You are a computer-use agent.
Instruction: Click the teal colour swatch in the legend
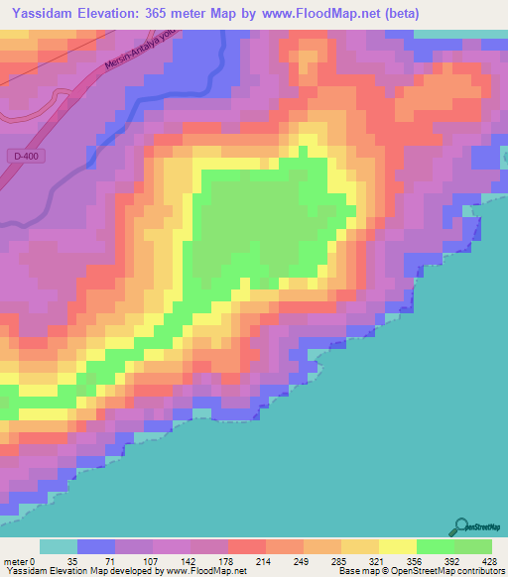coord(59,546)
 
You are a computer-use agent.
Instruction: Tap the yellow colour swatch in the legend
coord(398,546)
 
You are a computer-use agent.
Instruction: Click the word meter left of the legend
coord(17,561)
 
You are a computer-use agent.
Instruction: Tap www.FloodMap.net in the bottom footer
coord(202,572)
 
